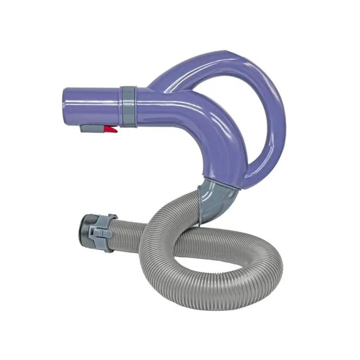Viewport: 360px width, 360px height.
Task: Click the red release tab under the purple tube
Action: click(111, 130)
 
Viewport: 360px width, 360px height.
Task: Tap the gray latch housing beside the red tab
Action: click(92, 129)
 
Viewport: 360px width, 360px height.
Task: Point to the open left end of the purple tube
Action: click(66, 103)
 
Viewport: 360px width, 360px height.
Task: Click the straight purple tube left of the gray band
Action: click(92, 103)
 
